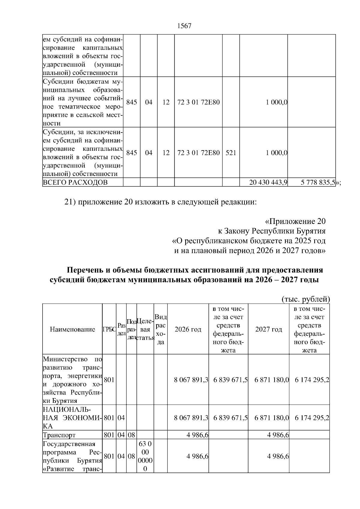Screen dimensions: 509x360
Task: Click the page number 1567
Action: pos(184,26)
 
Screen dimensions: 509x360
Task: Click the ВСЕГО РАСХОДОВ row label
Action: pos(75,182)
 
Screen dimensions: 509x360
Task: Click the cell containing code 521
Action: pos(231,153)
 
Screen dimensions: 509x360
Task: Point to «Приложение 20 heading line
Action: pos(295,221)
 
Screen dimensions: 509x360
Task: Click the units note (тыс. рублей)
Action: pos(306,299)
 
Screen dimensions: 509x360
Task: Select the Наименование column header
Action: pos(72,329)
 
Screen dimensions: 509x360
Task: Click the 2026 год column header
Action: pos(188,329)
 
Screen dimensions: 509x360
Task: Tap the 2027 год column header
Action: pos(268,329)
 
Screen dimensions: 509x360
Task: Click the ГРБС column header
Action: pos(109,329)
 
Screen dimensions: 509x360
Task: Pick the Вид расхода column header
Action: pos(160,329)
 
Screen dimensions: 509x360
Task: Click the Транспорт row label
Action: pos(59,435)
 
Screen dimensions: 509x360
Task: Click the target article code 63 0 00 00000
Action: pos(145,456)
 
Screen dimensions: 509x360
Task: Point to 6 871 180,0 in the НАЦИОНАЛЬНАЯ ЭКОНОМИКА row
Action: pos(271,418)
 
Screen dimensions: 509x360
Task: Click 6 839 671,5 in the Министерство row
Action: pos(230,380)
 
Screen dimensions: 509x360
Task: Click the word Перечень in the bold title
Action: pos(85,270)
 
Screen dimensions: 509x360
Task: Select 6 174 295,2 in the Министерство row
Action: pos(312,380)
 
